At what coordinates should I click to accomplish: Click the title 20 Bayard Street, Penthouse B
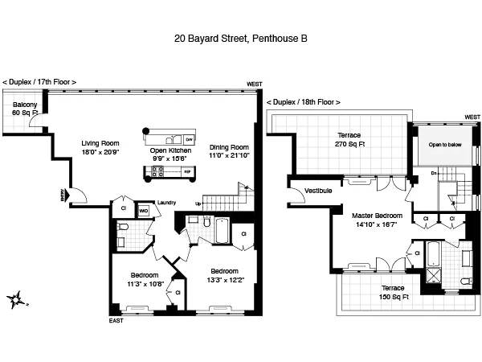241,38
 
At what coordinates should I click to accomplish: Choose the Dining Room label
229,152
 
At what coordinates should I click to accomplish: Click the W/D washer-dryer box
144,211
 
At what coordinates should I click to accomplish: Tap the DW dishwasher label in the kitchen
189,138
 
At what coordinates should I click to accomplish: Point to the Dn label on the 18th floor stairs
435,172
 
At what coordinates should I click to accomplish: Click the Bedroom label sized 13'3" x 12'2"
228,276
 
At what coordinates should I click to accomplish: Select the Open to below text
444,145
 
